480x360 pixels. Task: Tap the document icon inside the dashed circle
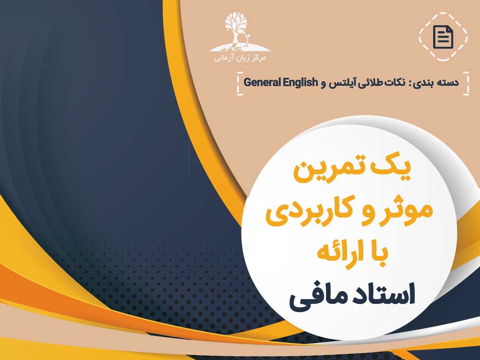443,37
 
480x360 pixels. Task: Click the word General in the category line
262,82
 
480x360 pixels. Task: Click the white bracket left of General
239,84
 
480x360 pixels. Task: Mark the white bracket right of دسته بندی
466,84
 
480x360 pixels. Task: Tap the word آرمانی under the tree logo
222,58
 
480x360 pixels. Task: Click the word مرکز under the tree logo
258,58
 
